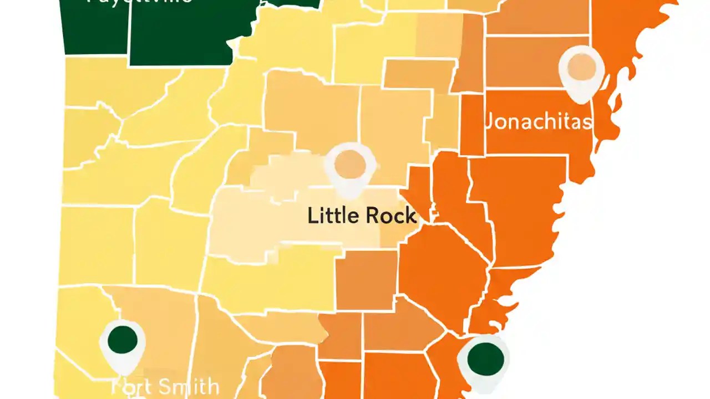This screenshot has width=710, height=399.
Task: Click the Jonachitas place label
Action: point(538,120)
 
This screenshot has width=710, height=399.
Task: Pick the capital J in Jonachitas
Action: point(489,121)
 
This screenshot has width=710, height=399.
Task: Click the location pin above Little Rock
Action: point(349,165)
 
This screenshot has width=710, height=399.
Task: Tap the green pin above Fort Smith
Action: point(123,340)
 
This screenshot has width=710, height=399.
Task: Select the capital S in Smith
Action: point(162,386)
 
